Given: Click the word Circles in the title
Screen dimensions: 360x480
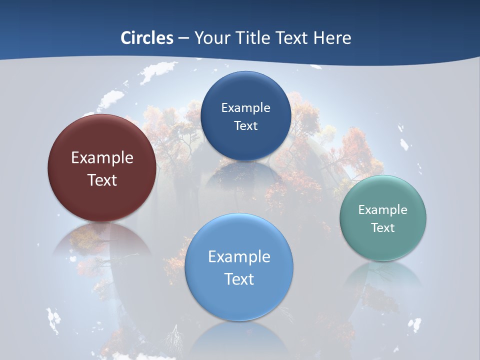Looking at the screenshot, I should tap(146, 38).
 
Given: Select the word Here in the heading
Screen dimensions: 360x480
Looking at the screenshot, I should tap(332, 38).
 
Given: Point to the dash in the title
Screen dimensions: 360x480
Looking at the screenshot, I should tap(183, 38).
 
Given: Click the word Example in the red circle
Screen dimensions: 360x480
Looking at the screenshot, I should tap(102, 158).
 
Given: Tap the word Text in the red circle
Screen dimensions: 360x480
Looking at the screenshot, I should tap(102, 180).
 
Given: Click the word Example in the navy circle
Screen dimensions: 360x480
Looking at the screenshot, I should tap(245, 107).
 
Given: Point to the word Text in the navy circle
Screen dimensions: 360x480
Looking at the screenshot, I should tap(245, 126).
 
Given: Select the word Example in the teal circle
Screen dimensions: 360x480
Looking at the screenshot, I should tap(383, 209).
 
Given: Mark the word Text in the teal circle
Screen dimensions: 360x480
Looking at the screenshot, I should tap(383, 228).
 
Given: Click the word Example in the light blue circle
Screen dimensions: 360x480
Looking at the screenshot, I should tap(239, 257).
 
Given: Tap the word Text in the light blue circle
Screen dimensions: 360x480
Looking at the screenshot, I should tap(239, 279).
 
